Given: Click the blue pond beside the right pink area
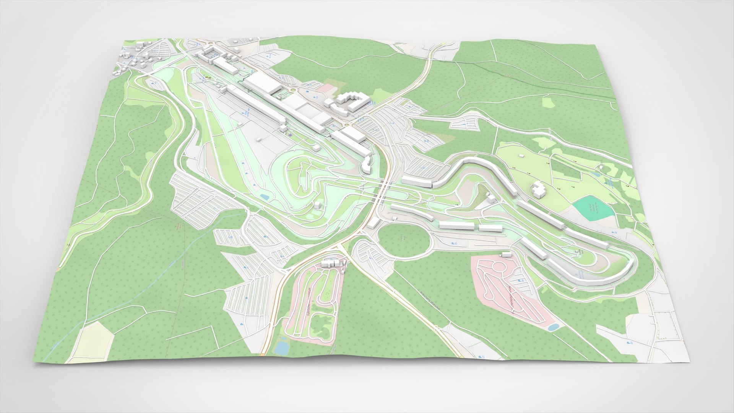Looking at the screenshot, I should pos(553,327).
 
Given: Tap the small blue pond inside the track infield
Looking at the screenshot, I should pos(264,197).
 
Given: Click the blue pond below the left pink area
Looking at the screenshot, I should pos(282,348).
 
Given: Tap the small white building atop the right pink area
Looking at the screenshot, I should pos(506,254).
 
